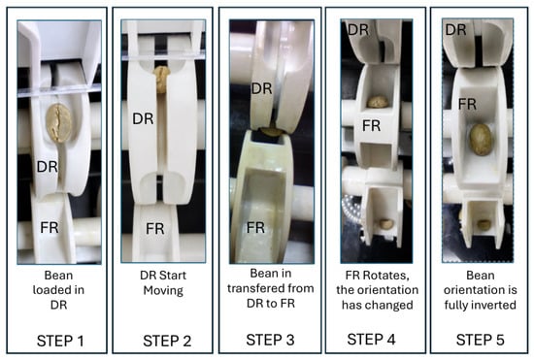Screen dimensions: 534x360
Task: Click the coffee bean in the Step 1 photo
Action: (59, 122)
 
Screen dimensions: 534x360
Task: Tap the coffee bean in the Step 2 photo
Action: (162, 79)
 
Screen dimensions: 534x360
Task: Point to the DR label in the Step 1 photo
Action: (47, 167)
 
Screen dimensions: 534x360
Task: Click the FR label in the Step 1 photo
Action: (50, 227)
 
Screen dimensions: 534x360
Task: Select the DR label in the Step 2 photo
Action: (143, 118)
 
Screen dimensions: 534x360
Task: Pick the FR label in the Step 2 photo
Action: (155, 229)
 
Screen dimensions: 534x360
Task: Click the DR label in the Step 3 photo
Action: (261, 89)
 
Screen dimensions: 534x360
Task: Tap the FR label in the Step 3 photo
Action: (255, 227)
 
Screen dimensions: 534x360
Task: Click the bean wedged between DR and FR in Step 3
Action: (271, 132)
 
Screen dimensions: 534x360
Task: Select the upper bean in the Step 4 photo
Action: (378, 101)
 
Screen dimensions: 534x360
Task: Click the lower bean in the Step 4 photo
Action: (385, 223)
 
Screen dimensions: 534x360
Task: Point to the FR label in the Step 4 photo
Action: (371, 126)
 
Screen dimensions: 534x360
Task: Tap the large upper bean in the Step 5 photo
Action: (481, 139)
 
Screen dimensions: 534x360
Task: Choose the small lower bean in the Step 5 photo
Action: (484, 224)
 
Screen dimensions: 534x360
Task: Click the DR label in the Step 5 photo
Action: (455, 30)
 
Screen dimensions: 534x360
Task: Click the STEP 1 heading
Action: (60, 341)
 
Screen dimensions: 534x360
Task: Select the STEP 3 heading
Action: (270, 340)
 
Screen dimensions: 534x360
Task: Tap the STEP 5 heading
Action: (481, 340)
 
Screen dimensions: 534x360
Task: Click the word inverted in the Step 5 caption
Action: (494, 305)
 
